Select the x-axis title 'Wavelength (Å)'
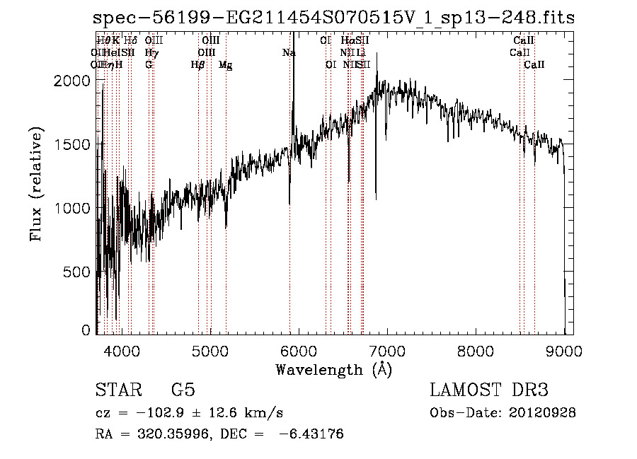click(334, 369)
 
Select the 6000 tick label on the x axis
click(298, 351)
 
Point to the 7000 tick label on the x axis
click(386, 351)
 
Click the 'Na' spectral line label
click(289, 52)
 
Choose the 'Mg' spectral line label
click(225, 65)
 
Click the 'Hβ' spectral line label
click(198, 65)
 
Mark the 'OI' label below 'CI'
click(331, 65)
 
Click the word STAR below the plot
click(117, 390)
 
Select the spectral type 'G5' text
click(183, 390)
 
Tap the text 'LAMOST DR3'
click(489, 390)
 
